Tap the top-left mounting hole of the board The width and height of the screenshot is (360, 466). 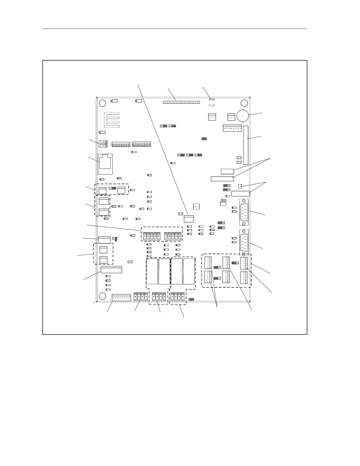tap(102, 103)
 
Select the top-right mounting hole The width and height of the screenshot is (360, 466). tap(244, 103)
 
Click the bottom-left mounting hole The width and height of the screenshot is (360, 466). tap(102, 296)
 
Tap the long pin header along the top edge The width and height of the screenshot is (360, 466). tap(181, 103)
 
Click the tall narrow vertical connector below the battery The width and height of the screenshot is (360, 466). tap(246, 145)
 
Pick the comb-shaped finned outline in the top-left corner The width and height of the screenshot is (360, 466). tap(112, 120)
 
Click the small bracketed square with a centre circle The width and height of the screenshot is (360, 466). tap(196, 207)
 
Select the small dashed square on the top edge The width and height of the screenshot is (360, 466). tap(211, 102)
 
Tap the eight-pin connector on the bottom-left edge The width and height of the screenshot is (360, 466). tap(121, 298)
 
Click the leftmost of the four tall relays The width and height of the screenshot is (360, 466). tap(152, 272)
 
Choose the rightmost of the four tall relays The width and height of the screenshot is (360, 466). tap(189, 272)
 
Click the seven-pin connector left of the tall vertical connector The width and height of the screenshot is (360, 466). tap(232, 129)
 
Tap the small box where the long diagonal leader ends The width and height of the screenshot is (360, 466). tap(189, 219)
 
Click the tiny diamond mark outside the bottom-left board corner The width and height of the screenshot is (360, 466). tap(94, 302)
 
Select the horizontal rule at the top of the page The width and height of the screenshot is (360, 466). tap(175, 29)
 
